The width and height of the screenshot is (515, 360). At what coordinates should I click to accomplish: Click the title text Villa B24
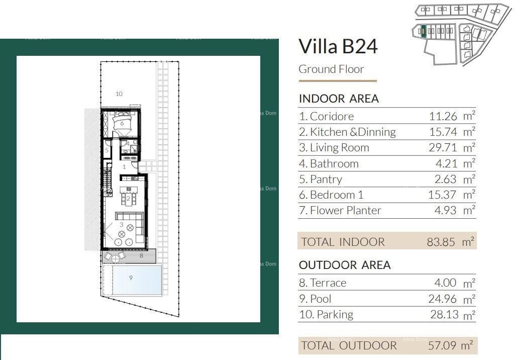(x=338, y=47)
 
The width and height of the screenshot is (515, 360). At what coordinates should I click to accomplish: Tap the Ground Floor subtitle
(x=331, y=69)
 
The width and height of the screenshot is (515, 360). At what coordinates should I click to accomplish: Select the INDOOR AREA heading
(x=339, y=99)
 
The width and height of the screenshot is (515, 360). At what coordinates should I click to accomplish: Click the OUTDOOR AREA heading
(x=345, y=265)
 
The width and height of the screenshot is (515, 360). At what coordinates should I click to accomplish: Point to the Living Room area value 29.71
(x=443, y=148)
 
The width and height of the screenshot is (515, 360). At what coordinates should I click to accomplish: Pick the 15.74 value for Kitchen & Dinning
(x=443, y=132)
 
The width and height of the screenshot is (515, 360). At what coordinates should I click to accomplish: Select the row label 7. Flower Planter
(x=340, y=211)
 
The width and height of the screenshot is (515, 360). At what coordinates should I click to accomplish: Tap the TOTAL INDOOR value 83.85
(x=441, y=242)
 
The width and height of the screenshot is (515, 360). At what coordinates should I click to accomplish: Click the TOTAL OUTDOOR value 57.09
(x=441, y=345)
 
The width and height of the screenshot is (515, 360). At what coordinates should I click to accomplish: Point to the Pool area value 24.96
(x=443, y=299)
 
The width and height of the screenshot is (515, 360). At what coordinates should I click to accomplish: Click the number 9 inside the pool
(x=131, y=278)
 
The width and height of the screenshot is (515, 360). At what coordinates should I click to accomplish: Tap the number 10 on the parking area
(x=119, y=94)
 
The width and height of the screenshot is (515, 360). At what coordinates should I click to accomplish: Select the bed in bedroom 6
(x=122, y=123)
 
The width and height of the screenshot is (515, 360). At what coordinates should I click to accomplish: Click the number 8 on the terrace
(x=141, y=256)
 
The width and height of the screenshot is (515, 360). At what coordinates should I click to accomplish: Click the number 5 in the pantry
(x=107, y=150)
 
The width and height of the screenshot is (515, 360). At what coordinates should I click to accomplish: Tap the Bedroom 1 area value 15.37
(x=443, y=195)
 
